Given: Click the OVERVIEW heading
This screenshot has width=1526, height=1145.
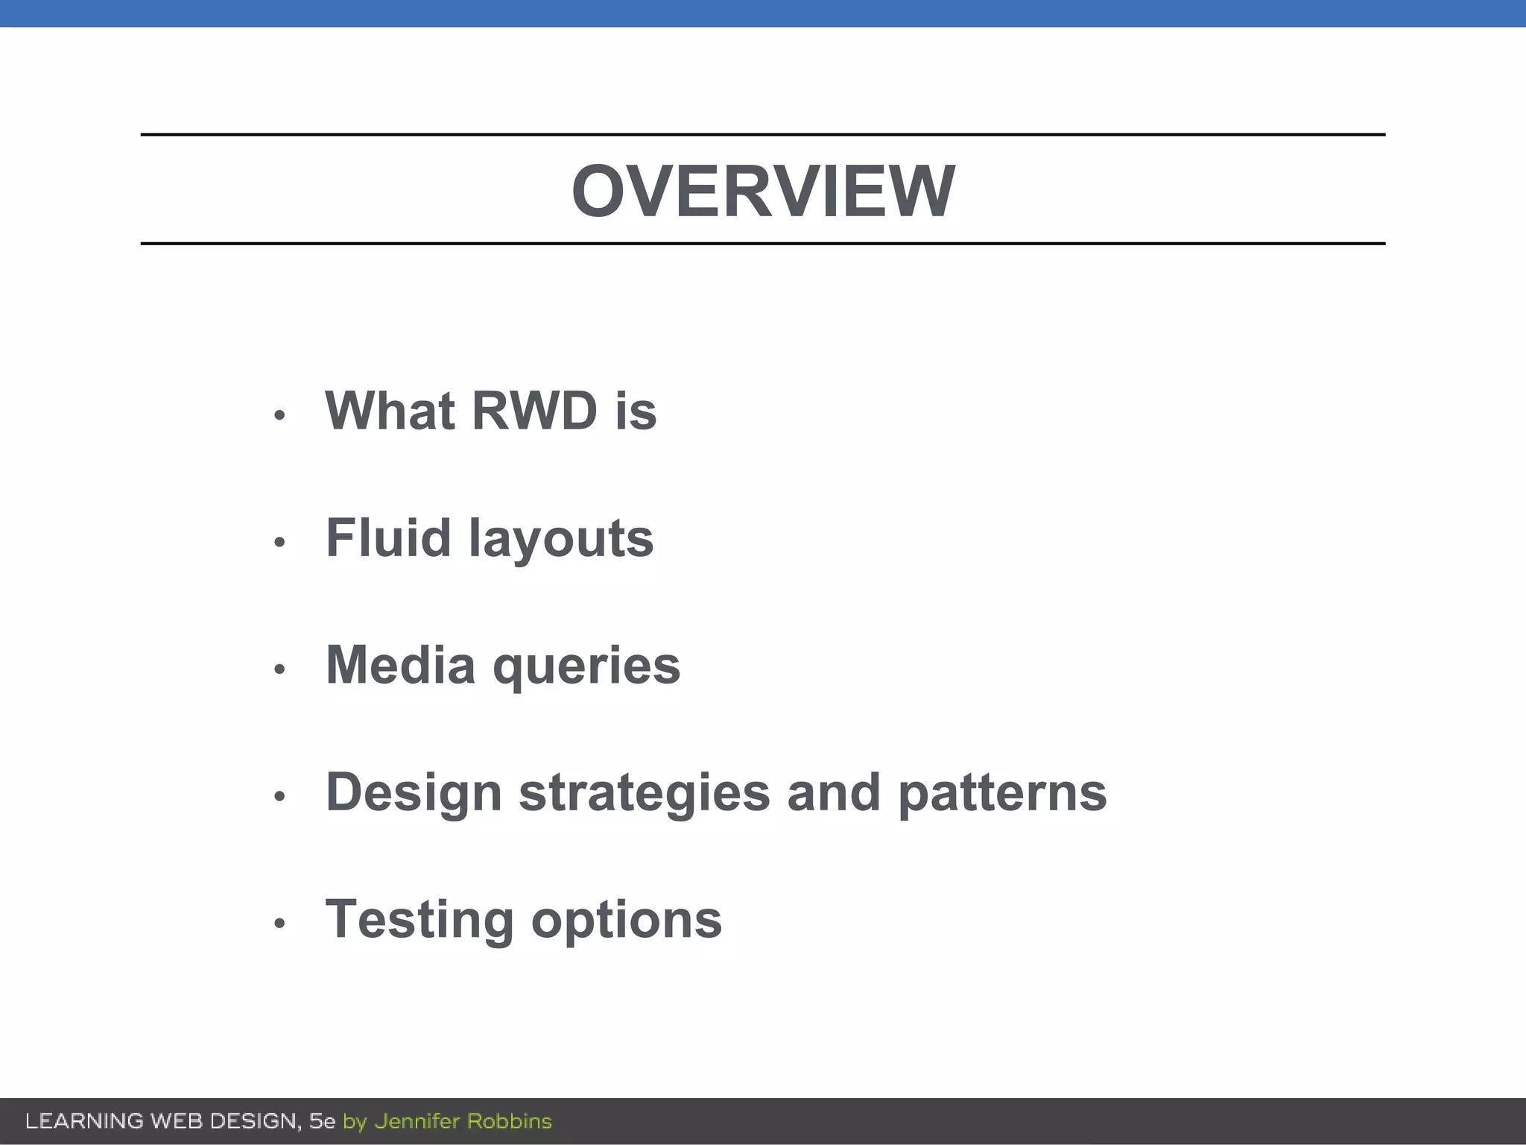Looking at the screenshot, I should click(763, 192).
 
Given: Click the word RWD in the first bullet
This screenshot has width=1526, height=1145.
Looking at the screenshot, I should click(534, 411).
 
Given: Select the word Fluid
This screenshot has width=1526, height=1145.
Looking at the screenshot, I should click(388, 537).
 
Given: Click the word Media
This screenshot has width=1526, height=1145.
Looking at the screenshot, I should click(400, 664).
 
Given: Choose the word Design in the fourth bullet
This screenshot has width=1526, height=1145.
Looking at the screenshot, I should click(414, 792).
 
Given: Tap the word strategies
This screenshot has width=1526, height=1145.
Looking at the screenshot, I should click(644, 792).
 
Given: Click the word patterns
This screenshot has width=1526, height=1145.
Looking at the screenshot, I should click(1002, 792).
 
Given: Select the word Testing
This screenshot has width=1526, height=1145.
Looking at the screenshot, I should click(420, 920).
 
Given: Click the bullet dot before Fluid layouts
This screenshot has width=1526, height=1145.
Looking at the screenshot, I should click(279, 542).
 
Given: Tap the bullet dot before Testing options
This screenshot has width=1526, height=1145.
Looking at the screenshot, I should click(279, 924).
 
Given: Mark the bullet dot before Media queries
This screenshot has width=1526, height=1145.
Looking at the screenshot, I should click(279, 669).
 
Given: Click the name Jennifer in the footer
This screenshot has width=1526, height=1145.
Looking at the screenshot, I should click(417, 1121).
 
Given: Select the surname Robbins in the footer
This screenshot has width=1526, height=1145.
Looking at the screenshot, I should click(509, 1121).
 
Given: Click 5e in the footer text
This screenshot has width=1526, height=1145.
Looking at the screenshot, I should click(322, 1121).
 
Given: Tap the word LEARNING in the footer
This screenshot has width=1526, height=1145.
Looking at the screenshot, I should click(84, 1121).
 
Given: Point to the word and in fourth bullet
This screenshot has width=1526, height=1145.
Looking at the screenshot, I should click(834, 792).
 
